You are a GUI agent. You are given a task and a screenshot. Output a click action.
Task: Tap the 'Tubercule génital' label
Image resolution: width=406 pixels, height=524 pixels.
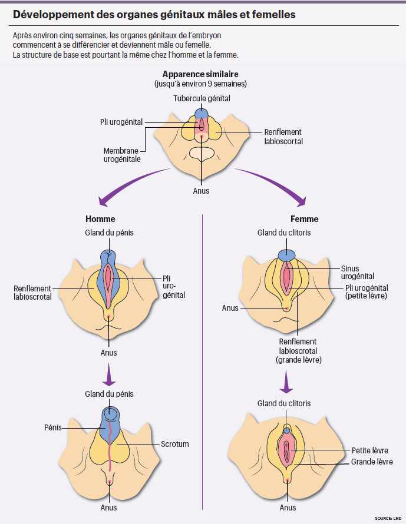(x=202, y=98)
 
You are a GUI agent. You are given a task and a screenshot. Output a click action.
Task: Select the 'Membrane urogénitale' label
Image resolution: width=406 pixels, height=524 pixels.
(x=122, y=155)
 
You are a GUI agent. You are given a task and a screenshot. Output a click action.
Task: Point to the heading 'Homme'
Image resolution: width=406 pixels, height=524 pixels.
(x=100, y=219)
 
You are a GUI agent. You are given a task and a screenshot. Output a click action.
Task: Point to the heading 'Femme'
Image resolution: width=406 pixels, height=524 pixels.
(x=304, y=219)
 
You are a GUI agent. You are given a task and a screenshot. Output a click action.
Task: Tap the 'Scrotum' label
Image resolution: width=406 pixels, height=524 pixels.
(x=175, y=444)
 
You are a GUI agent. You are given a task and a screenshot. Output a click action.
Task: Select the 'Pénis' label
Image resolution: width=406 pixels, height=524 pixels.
(x=54, y=427)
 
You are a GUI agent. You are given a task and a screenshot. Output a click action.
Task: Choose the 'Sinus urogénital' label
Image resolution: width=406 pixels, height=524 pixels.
(x=357, y=272)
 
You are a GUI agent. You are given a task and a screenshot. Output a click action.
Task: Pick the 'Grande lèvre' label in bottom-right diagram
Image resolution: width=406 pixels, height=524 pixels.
(x=371, y=462)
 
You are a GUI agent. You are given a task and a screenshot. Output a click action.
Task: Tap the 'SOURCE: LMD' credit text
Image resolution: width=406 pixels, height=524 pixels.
(x=387, y=518)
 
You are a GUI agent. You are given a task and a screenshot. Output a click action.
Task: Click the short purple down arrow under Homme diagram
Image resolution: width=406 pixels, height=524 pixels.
(x=108, y=374)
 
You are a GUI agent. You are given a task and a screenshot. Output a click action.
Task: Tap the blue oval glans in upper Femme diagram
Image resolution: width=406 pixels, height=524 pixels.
(x=287, y=255)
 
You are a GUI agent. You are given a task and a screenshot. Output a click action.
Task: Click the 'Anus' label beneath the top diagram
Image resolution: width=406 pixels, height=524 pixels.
(x=201, y=191)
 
